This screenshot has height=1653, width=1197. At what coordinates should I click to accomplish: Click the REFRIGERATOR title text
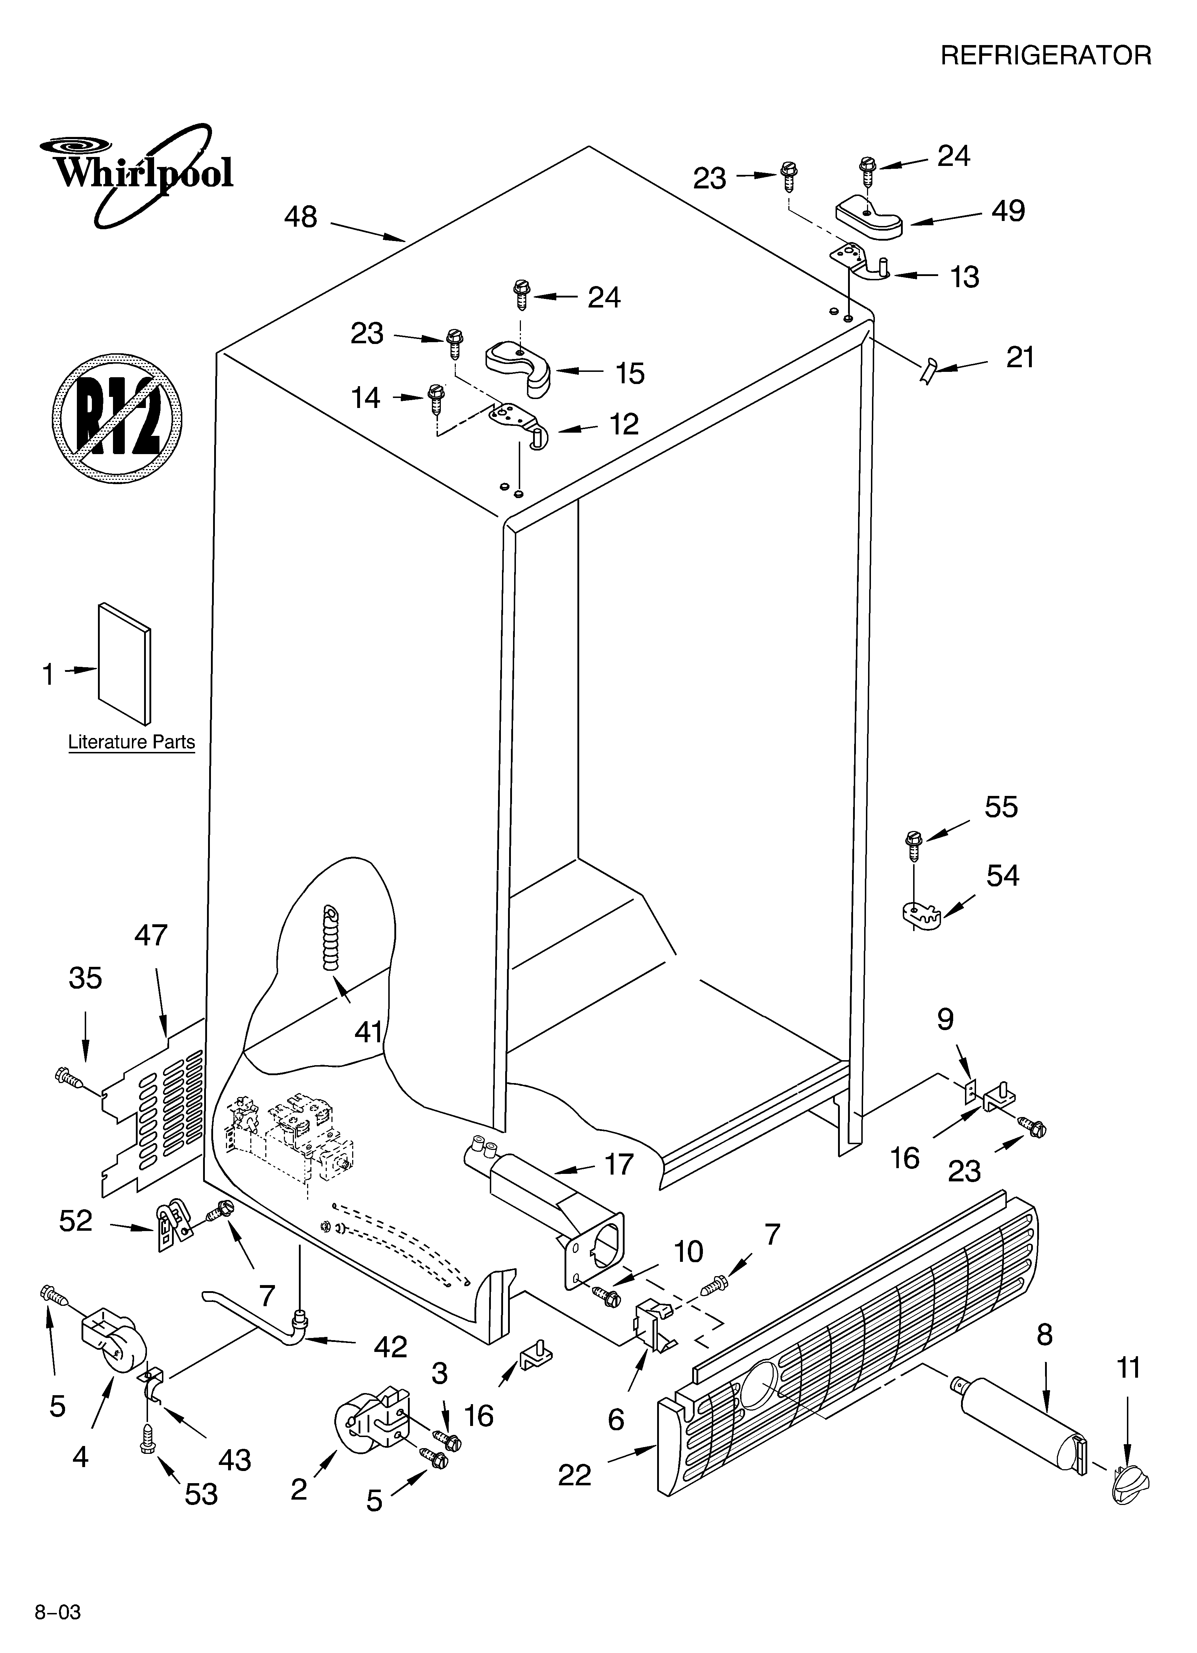click(x=1045, y=55)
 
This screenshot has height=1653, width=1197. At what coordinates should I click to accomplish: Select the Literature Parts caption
click(x=131, y=742)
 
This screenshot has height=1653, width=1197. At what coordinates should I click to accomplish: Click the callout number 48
click(x=300, y=217)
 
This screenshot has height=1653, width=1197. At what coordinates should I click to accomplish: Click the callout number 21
click(x=1020, y=357)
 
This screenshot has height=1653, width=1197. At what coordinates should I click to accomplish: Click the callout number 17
click(x=618, y=1164)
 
